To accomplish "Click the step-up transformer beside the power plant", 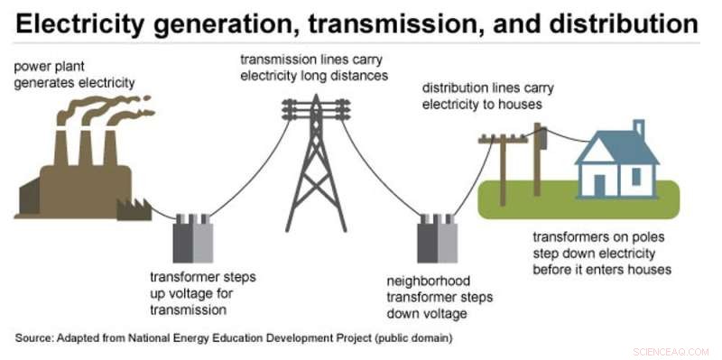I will (192, 237).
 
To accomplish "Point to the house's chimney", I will (639, 128).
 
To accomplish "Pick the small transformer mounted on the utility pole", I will (543, 139).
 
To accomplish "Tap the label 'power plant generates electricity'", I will (75, 75).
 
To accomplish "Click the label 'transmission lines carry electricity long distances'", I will (313, 68).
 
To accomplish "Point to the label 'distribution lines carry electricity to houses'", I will (487, 96).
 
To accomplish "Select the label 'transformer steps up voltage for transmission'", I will (200, 294).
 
